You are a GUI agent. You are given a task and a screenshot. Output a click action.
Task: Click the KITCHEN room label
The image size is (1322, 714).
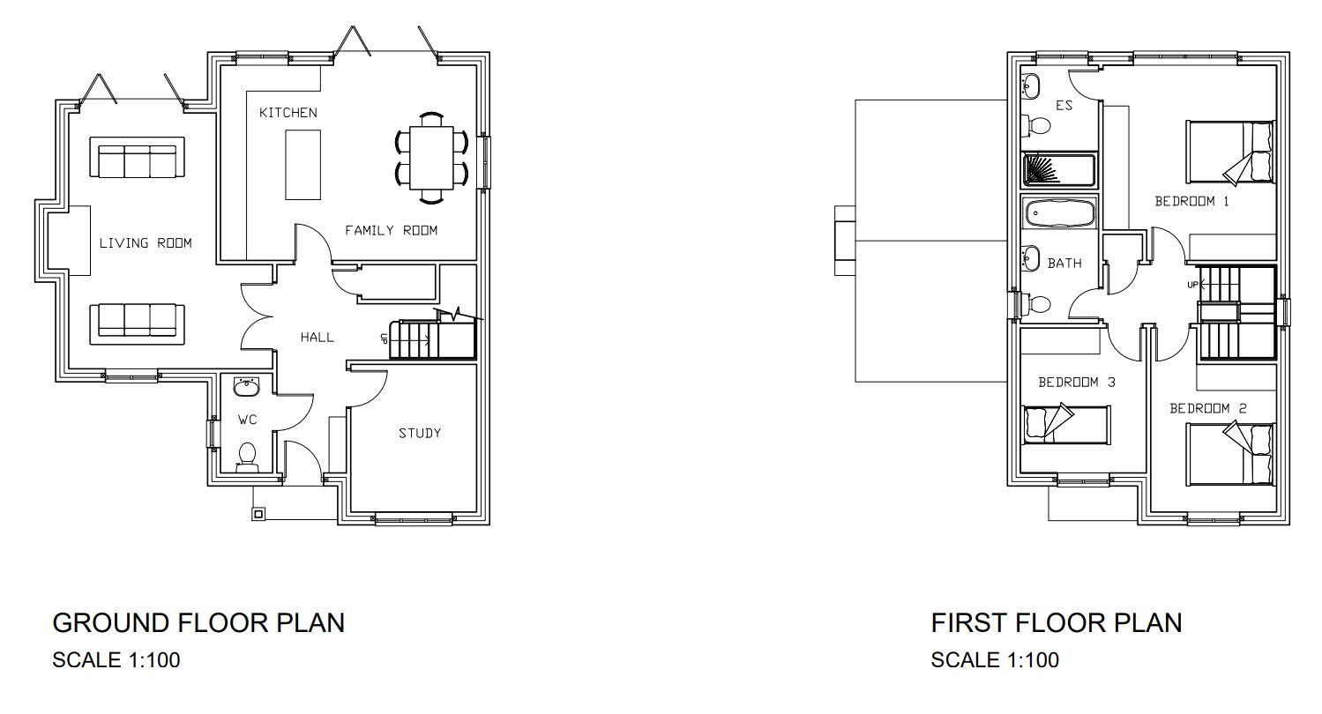pyautogui.click(x=288, y=113)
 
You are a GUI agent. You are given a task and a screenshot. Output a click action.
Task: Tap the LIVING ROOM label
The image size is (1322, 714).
pyautogui.click(x=145, y=243)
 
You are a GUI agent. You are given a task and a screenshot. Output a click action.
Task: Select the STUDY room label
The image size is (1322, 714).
pyautogui.click(x=419, y=433)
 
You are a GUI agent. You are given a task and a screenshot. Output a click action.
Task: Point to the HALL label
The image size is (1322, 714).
pyautogui.click(x=317, y=337)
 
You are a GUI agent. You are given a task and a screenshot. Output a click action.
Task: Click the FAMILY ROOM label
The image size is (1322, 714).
pyautogui.click(x=391, y=231)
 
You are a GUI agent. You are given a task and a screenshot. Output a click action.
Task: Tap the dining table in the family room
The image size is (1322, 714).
pyautogui.click(x=431, y=158)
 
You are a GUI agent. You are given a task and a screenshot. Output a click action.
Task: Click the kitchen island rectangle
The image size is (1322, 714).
pyautogui.click(x=299, y=164)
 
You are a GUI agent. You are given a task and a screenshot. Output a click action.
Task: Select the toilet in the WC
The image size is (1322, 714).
pyautogui.click(x=247, y=456)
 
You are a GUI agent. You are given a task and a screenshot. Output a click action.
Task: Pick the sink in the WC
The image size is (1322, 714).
pyautogui.click(x=246, y=388)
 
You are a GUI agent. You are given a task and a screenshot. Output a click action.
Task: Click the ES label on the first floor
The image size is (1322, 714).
pyautogui.click(x=1064, y=106)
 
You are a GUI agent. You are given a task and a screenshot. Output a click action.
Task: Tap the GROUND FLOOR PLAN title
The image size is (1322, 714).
pyautogui.click(x=198, y=623)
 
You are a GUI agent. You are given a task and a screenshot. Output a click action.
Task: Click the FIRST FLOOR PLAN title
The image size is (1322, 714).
pyautogui.click(x=1056, y=623)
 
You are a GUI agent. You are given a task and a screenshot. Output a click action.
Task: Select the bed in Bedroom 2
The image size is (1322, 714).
pyautogui.click(x=1230, y=454)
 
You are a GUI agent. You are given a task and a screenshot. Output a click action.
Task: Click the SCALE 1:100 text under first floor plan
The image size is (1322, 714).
pyautogui.click(x=995, y=659)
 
